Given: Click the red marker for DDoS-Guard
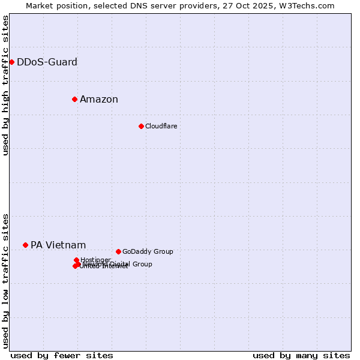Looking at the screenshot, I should (11, 62).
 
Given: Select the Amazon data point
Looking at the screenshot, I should (74, 99).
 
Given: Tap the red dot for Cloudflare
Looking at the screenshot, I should (141, 126).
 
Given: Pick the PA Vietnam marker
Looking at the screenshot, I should (25, 245).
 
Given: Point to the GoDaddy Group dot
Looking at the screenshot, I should (118, 251).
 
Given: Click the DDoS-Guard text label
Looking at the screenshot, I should (47, 62).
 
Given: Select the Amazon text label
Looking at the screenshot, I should (99, 99).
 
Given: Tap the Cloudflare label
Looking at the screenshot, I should (161, 126).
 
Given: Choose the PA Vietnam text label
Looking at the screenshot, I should (58, 245).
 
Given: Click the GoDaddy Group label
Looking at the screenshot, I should (148, 251).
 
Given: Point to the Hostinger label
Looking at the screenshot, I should (95, 260).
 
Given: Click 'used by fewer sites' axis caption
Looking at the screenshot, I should (62, 355).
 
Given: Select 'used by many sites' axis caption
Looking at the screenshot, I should (301, 355).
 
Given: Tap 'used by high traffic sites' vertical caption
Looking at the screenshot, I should (5, 86).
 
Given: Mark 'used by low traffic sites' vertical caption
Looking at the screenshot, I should (5, 281).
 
